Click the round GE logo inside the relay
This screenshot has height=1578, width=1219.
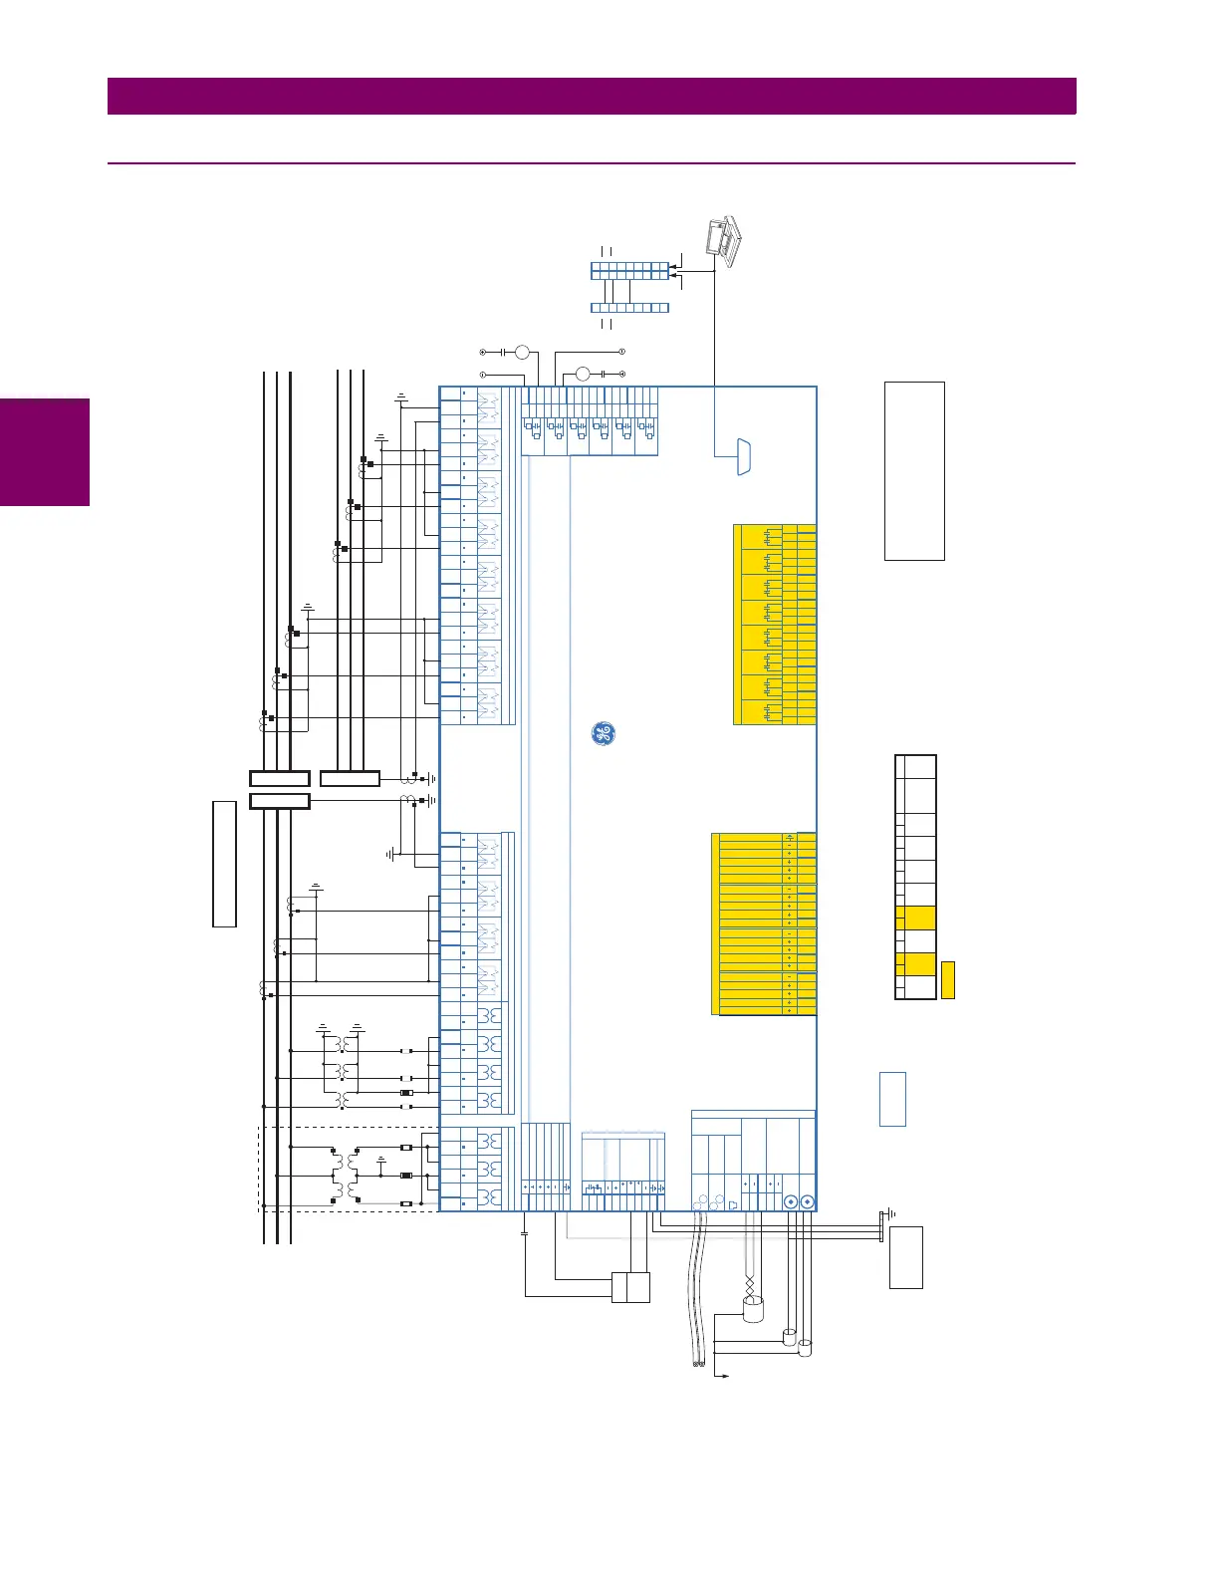tap(603, 734)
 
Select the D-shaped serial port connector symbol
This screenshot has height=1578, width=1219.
tap(743, 456)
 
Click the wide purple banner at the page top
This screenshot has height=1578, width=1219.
tap(592, 97)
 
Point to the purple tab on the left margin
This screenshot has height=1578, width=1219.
tap(45, 452)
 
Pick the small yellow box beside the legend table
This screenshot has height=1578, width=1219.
tap(947, 979)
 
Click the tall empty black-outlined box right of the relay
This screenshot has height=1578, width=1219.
tap(914, 470)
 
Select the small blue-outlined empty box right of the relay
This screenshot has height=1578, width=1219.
tap(892, 1099)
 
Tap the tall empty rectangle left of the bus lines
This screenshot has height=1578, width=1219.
tap(224, 863)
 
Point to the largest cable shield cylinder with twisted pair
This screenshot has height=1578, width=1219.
tap(752, 1308)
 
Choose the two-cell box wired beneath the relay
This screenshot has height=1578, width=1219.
tap(630, 1287)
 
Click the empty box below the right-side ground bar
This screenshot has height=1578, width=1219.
tap(905, 1257)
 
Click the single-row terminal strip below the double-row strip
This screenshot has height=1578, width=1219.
tap(629, 308)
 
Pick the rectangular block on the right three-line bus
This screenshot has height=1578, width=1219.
tap(350, 779)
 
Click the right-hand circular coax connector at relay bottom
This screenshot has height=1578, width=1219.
tap(807, 1202)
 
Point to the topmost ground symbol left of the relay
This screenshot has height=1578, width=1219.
tap(400, 396)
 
